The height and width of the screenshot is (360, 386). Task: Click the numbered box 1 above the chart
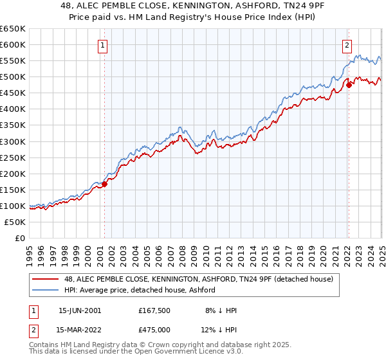(x=103, y=45)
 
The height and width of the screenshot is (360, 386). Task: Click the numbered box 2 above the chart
(x=347, y=45)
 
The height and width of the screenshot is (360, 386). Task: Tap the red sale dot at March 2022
(x=348, y=84)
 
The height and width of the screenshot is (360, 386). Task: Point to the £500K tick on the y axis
(x=13, y=77)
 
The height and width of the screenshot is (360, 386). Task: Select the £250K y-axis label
(x=13, y=157)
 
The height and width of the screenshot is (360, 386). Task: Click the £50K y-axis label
(x=15, y=222)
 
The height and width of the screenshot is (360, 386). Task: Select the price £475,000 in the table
(x=157, y=331)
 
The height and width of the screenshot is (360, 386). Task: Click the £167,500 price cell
(x=157, y=310)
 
